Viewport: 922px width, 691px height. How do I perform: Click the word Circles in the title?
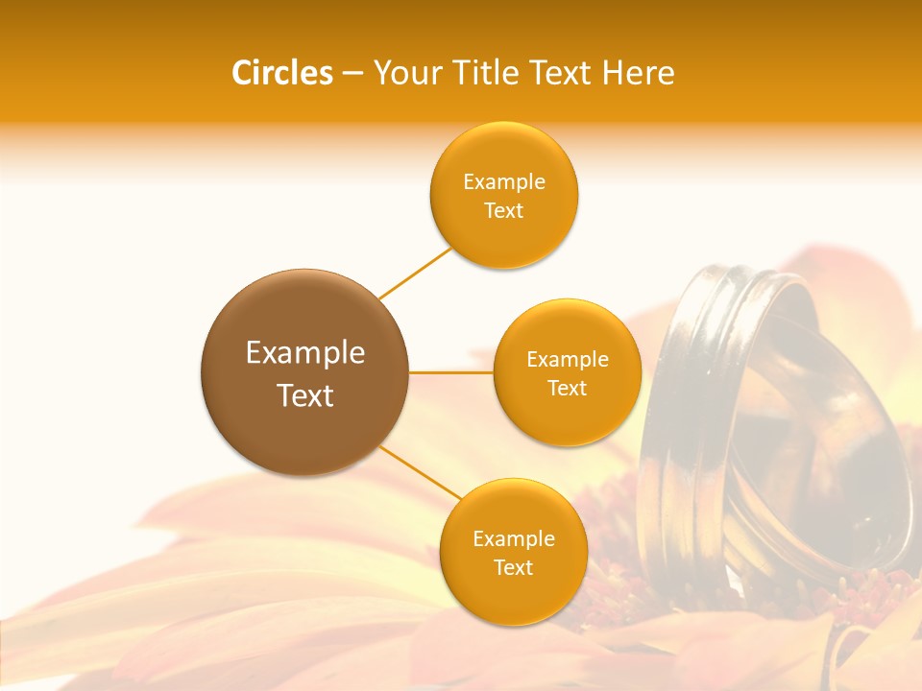click(x=282, y=73)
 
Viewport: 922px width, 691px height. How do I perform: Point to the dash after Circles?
click(x=352, y=74)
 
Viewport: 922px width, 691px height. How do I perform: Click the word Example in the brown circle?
click(x=305, y=353)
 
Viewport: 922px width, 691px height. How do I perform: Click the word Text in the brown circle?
click(x=305, y=395)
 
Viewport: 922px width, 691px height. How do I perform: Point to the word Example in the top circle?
click(x=504, y=182)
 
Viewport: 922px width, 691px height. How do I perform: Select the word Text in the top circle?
click(x=504, y=210)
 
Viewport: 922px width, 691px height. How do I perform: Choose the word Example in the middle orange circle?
click(x=568, y=360)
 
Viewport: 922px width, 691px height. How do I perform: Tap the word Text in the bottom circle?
click(x=514, y=567)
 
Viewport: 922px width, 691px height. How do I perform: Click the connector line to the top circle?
click(x=415, y=274)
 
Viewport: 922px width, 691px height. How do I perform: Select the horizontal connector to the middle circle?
click(x=450, y=372)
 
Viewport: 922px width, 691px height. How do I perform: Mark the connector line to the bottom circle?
click(x=420, y=472)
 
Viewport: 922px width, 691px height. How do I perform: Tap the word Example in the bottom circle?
click(x=514, y=539)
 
